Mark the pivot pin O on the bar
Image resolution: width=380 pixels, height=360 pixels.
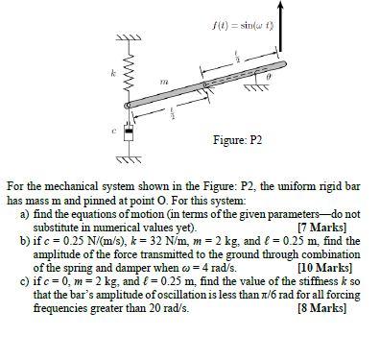click(x=206, y=86)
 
